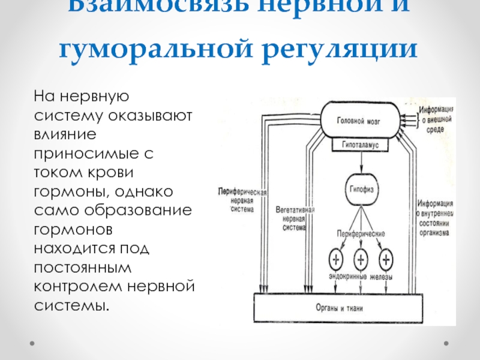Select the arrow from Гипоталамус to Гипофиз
click(361, 162)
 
